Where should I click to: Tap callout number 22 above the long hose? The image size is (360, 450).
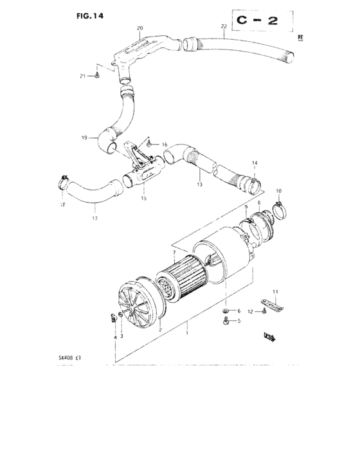(223, 26)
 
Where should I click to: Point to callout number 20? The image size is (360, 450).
(140, 28)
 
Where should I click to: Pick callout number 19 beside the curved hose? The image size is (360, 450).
(84, 138)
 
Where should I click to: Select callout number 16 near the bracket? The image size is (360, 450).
(164, 145)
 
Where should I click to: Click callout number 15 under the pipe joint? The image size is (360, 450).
(143, 198)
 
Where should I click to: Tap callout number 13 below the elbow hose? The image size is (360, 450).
(199, 184)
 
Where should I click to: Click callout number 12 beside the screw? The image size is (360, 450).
(251, 312)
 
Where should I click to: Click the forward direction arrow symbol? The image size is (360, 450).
(269, 335)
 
